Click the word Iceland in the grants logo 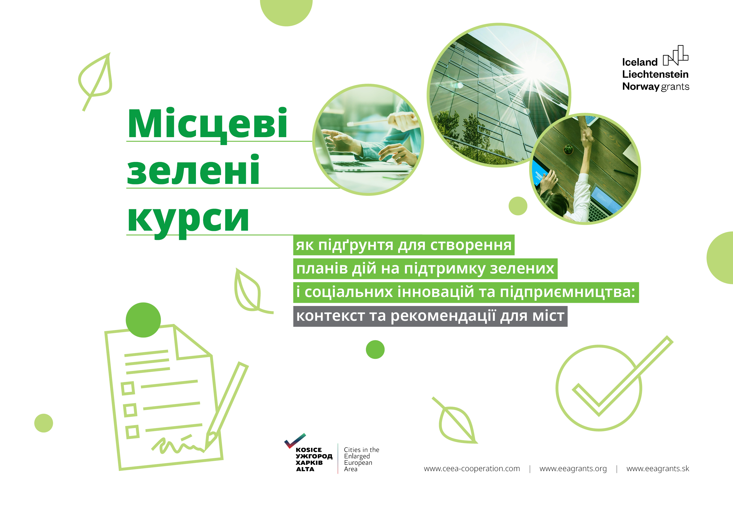tap(640, 62)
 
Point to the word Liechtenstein tap(655, 74)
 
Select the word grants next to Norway tap(675, 87)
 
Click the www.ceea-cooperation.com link tap(472, 469)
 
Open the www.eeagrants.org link tap(573, 469)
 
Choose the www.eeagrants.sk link tap(658, 469)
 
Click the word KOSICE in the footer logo tap(308, 450)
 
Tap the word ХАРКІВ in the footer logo tap(309, 463)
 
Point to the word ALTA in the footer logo tap(305, 469)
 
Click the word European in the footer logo tap(358, 463)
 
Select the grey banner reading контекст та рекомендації tap(430, 316)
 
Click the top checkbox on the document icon tap(128, 388)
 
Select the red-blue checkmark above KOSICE tap(294, 440)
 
